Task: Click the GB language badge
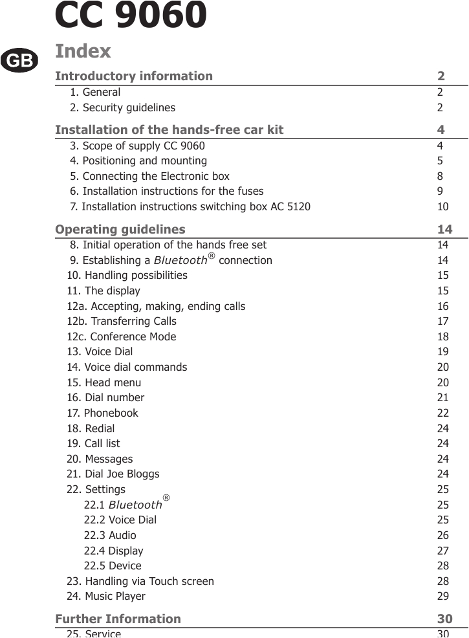(x=19, y=60)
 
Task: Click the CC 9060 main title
(x=131, y=16)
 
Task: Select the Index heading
(x=83, y=50)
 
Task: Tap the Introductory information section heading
(x=134, y=76)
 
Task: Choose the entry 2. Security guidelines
(x=122, y=107)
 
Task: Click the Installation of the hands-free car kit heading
(x=169, y=130)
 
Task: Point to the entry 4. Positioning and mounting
(x=138, y=160)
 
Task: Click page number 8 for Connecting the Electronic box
(x=440, y=176)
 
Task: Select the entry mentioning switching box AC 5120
(x=190, y=207)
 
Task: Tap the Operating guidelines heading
(x=120, y=229)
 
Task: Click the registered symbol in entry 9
(x=212, y=257)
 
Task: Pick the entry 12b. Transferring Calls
(x=122, y=321)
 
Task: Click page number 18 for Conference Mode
(x=443, y=336)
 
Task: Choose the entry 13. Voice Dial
(x=100, y=351)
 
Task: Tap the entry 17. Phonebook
(x=103, y=413)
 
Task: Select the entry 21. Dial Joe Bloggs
(x=113, y=474)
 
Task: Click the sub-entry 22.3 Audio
(x=110, y=535)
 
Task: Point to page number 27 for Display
(x=443, y=551)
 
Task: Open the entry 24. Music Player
(x=106, y=596)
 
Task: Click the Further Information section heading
(x=118, y=619)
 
